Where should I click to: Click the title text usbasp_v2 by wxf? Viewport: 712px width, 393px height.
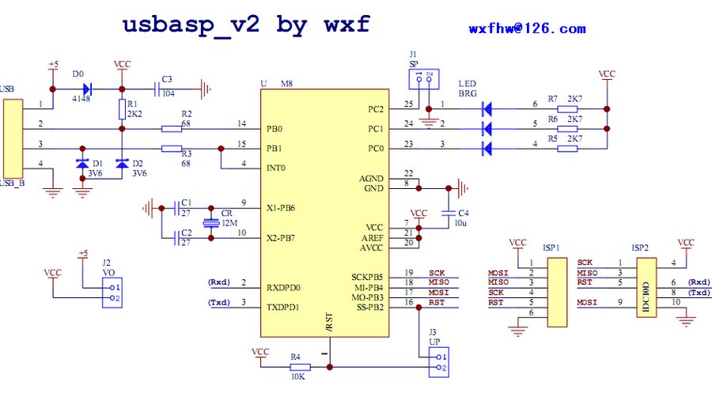click(x=245, y=24)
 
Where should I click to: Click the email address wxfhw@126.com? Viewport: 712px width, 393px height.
click(x=527, y=28)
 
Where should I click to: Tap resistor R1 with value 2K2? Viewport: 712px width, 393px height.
click(x=121, y=108)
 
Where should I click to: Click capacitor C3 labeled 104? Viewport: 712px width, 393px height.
click(x=167, y=89)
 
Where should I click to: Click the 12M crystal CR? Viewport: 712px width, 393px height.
click(x=210, y=223)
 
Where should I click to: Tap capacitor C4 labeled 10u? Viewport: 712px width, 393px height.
click(x=449, y=214)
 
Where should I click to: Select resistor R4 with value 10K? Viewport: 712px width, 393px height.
click(x=296, y=367)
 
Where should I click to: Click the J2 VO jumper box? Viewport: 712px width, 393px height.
click(x=112, y=293)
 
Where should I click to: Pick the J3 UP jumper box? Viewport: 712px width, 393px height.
click(x=437, y=361)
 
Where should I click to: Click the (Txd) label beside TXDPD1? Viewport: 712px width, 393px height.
click(x=219, y=303)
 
